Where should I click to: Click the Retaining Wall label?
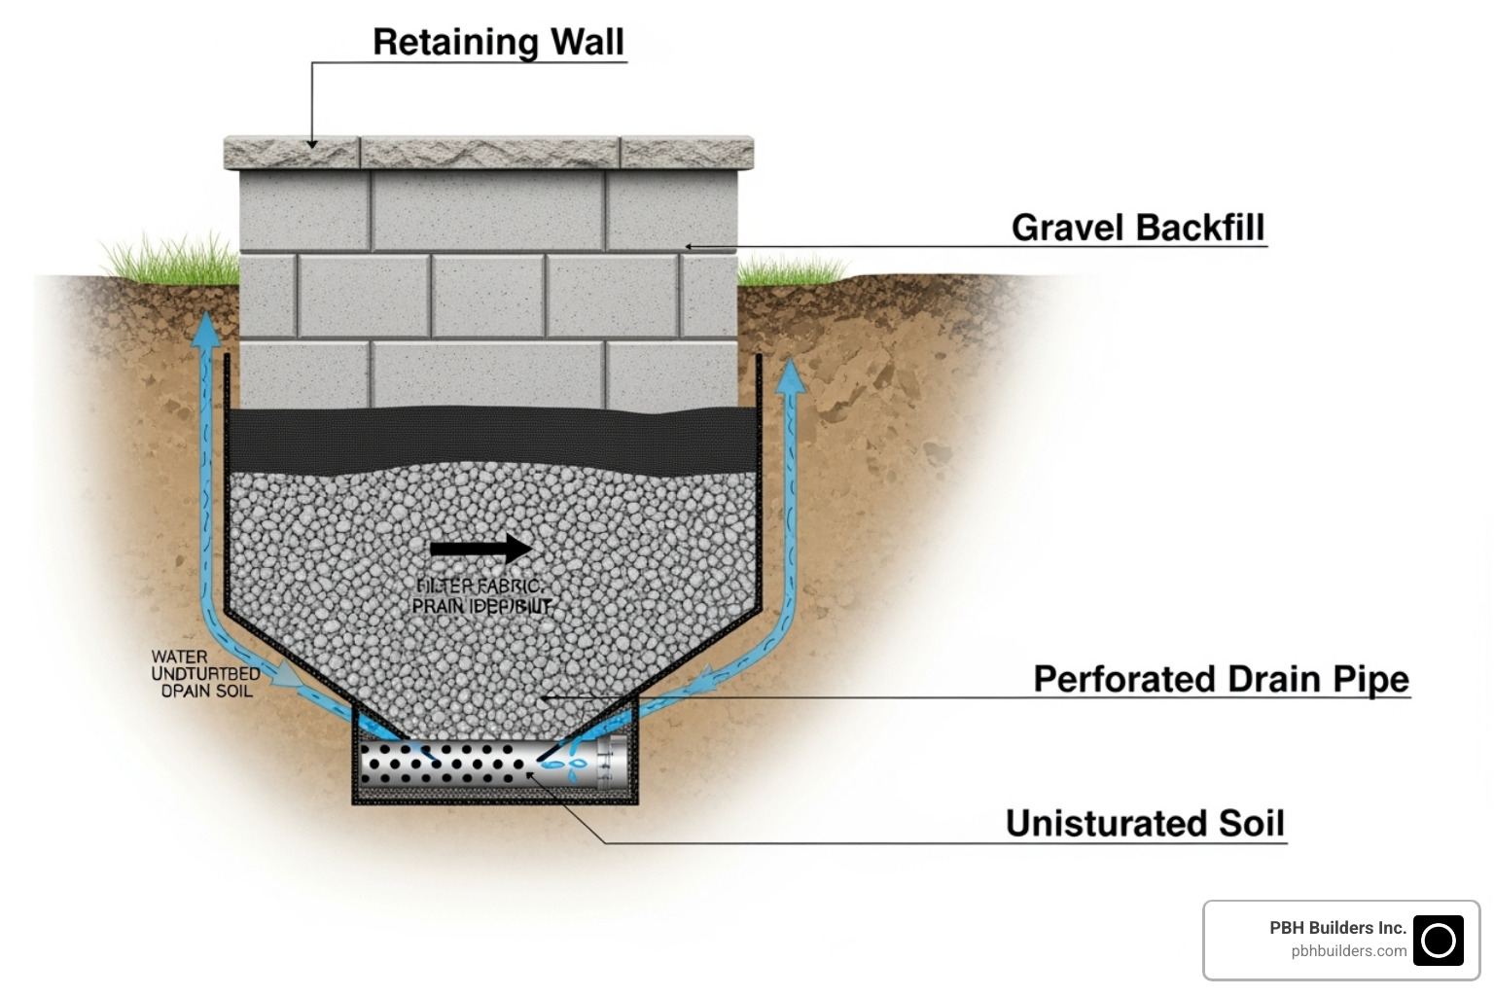point(498,42)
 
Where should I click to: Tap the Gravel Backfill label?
point(1138,227)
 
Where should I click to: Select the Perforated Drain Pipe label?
point(1221,678)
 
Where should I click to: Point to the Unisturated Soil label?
point(1145,823)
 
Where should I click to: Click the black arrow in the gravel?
point(480,549)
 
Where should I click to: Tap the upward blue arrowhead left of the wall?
point(205,332)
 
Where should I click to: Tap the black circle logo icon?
point(1438,940)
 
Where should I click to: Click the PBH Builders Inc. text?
point(1337,928)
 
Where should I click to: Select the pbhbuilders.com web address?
point(1348,951)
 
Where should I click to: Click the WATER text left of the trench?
point(179,657)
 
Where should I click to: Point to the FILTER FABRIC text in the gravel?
point(480,586)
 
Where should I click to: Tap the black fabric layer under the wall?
point(491,438)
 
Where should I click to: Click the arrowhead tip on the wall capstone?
point(312,145)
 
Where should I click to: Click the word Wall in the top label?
point(587,42)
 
